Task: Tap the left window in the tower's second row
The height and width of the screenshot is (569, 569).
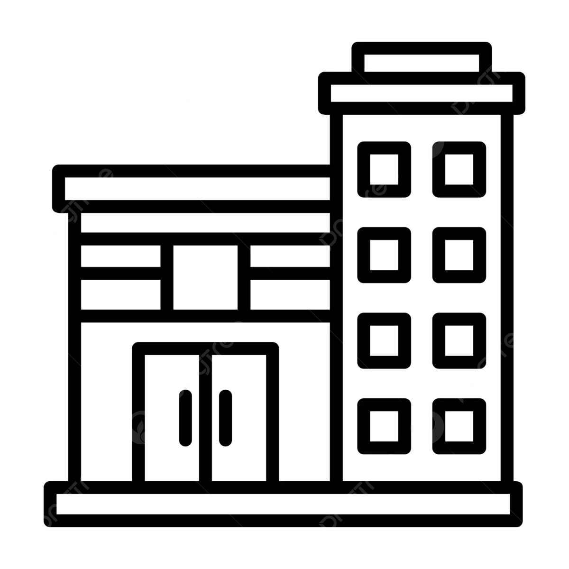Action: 384,255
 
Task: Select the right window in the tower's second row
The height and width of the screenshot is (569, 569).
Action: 459,255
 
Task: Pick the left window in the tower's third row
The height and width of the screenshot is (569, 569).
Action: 384,340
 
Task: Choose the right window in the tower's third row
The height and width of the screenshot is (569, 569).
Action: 459,340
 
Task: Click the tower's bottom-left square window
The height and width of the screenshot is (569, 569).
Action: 384,426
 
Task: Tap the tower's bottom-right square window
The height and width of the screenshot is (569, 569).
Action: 459,426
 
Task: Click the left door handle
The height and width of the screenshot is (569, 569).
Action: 185,418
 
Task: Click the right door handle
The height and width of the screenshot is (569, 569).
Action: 225,418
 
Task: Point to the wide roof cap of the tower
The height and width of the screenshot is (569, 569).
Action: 422,93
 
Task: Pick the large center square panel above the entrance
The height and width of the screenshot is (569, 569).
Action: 205,277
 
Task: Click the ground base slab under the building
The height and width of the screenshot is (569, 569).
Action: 283,504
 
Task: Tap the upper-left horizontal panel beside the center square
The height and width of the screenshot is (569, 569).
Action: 120,256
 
